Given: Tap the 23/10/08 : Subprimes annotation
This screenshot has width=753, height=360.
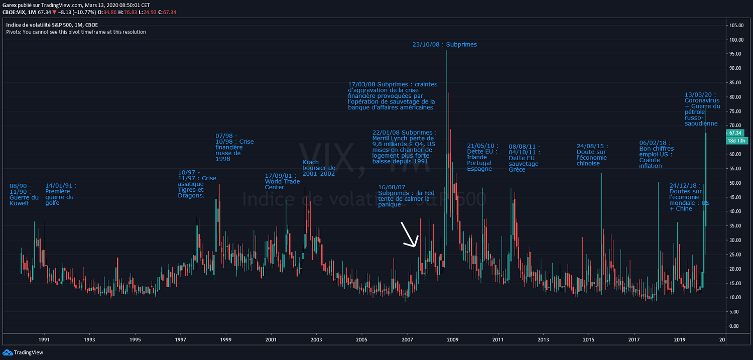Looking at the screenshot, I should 444,45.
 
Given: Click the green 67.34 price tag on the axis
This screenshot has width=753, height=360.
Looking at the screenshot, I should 735,133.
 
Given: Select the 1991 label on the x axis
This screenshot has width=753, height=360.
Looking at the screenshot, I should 44,340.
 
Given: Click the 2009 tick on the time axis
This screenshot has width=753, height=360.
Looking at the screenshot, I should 453,340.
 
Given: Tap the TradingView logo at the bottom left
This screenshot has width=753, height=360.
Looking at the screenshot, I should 23,352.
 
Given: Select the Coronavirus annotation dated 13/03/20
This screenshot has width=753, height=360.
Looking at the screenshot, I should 702,109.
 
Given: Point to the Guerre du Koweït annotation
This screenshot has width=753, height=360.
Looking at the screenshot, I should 24,195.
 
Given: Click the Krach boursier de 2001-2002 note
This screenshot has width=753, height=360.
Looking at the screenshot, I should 318,168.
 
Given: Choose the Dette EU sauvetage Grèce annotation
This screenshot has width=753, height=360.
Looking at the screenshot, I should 524,158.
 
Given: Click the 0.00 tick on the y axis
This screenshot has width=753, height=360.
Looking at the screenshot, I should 735,326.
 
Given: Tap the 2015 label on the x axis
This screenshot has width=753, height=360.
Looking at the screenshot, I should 589,340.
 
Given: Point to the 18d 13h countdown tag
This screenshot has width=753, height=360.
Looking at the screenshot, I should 735,141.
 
